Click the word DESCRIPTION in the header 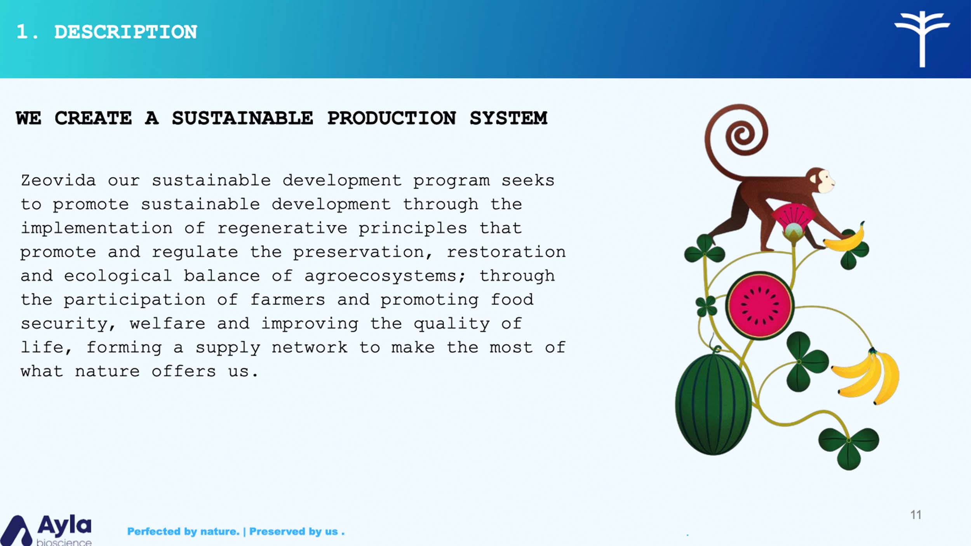(125, 32)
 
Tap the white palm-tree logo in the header (922, 39)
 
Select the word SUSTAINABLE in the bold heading (242, 118)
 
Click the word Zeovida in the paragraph (58, 181)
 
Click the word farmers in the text (287, 300)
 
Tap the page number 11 (916, 515)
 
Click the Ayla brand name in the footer (64, 525)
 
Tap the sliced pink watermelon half (760, 306)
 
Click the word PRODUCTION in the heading (392, 118)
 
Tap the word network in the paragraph (310, 348)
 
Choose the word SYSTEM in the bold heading (508, 118)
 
